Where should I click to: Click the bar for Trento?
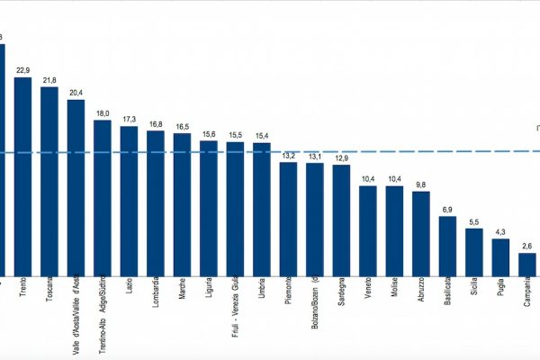22,175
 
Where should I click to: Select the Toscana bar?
49,180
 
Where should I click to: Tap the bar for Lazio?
129,200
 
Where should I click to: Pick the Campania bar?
527,264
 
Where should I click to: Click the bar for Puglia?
500,256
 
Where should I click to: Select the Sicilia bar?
474,251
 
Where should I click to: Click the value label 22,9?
22,70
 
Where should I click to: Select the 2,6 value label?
527,246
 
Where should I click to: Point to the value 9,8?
421,184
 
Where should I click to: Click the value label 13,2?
288,156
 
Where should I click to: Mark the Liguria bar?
209,207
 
